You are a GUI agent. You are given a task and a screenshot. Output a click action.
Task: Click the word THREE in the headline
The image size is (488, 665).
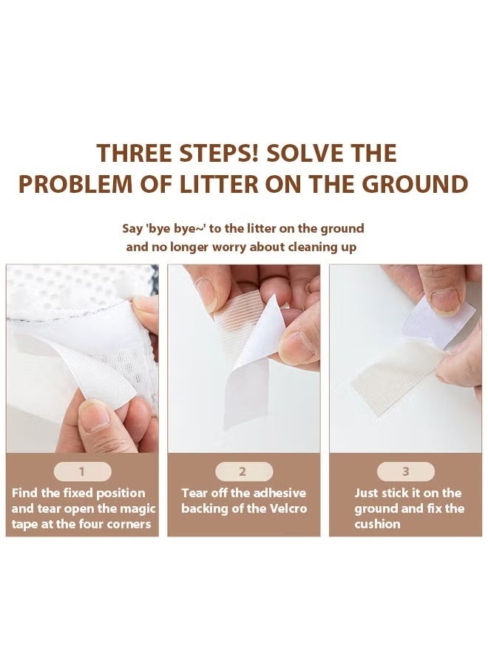tap(135, 153)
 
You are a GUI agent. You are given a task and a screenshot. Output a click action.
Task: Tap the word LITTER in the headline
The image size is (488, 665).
tap(219, 184)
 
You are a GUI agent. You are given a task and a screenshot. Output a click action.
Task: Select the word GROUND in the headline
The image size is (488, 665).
tap(415, 184)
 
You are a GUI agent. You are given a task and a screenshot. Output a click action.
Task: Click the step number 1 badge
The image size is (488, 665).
tap(82, 471)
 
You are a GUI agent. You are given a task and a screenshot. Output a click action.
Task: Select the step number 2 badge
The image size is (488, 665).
tap(243, 471)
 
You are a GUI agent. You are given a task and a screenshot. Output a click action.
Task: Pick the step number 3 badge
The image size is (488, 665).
tap(406, 471)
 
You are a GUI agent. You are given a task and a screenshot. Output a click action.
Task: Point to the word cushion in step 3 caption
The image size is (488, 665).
tap(377, 524)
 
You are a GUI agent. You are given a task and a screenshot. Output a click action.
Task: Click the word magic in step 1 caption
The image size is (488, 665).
tap(138, 509)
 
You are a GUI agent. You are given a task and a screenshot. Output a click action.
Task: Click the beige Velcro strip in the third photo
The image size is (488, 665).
tap(397, 375)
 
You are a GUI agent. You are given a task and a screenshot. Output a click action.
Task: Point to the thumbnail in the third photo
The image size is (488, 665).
tap(444, 301)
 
